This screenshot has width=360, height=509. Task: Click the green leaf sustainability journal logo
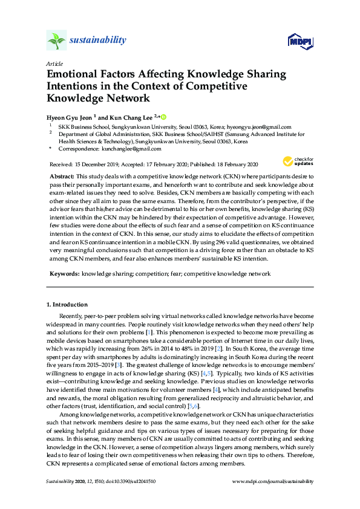point(56,41)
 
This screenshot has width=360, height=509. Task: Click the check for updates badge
point(296,161)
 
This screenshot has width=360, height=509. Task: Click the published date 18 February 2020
point(234,164)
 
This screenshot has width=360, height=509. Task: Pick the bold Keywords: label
point(64,274)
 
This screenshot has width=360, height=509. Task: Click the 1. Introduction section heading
point(67,304)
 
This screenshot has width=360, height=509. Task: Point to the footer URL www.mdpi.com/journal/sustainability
point(273,481)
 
